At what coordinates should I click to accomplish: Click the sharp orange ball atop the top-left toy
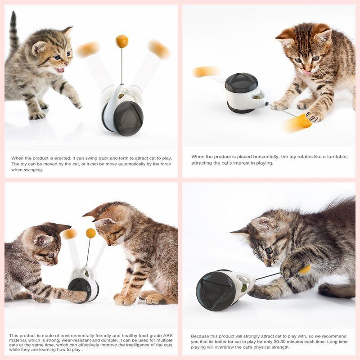coord(121,41)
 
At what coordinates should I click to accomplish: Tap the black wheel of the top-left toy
coord(128,118)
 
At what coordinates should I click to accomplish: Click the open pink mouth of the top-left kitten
coord(60,70)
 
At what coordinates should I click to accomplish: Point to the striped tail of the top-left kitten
coord(13,31)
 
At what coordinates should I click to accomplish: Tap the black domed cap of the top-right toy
coord(241,82)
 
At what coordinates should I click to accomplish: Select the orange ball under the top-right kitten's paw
coord(305,121)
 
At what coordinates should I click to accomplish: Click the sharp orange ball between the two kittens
coord(91,233)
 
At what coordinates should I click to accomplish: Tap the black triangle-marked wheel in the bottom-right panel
coord(216,291)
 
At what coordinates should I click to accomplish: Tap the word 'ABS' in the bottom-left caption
coord(167,336)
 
